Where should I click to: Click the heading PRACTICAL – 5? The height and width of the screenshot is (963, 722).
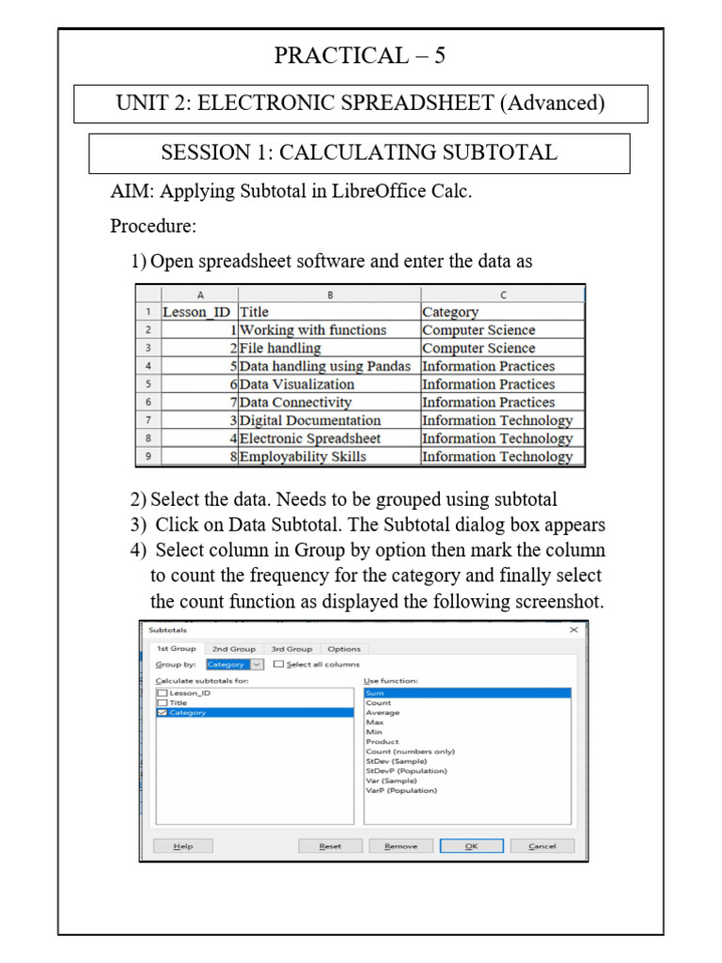pos(360,56)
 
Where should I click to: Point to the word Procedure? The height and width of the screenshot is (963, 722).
pos(153,226)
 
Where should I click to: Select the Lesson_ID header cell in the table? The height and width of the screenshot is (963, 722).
pos(196,312)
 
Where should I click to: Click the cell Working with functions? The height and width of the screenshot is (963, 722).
pos(313,330)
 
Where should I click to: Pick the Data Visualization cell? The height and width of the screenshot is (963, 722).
pos(297,384)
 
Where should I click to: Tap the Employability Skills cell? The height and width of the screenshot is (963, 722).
pos(303,456)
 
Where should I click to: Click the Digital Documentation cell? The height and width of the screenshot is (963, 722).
pos(310,420)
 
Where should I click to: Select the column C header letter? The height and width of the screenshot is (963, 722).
pos(503,294)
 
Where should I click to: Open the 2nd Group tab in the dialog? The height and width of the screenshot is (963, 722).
pos(233,649)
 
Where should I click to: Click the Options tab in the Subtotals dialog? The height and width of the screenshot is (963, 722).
pos(344,649)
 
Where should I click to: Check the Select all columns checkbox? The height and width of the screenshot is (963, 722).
pos(278,664)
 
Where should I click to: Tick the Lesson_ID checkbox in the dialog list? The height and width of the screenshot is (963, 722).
pos(162,693)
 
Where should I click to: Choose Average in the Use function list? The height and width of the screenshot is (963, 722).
pos(383,713)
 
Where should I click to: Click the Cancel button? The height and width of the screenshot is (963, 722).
pos(542,846)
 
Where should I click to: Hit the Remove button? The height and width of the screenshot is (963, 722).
pos(400,846)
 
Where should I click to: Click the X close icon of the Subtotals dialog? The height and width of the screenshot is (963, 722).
pos(573,630)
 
